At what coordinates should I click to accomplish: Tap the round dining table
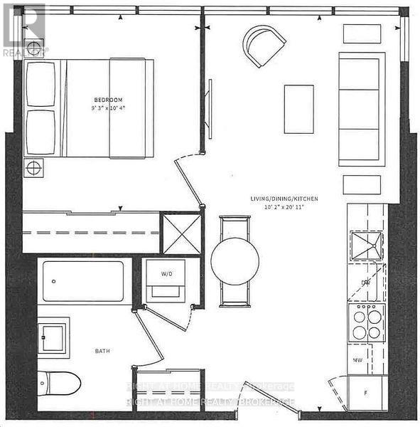click(235, 261)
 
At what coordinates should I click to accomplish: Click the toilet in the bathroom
click(59, 382)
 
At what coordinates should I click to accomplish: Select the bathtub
click(83, 281)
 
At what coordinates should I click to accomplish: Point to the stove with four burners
click(367, 322)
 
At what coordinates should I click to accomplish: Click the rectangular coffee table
click(298, 109)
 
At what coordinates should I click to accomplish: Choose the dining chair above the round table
click(235, 226)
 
